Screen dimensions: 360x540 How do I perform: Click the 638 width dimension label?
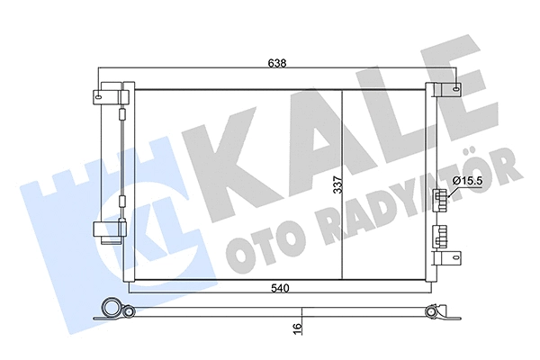coord(277,63)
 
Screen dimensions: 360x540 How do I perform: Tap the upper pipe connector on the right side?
coord(439,199)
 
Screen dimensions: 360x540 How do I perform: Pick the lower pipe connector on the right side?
coord(439,237)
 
